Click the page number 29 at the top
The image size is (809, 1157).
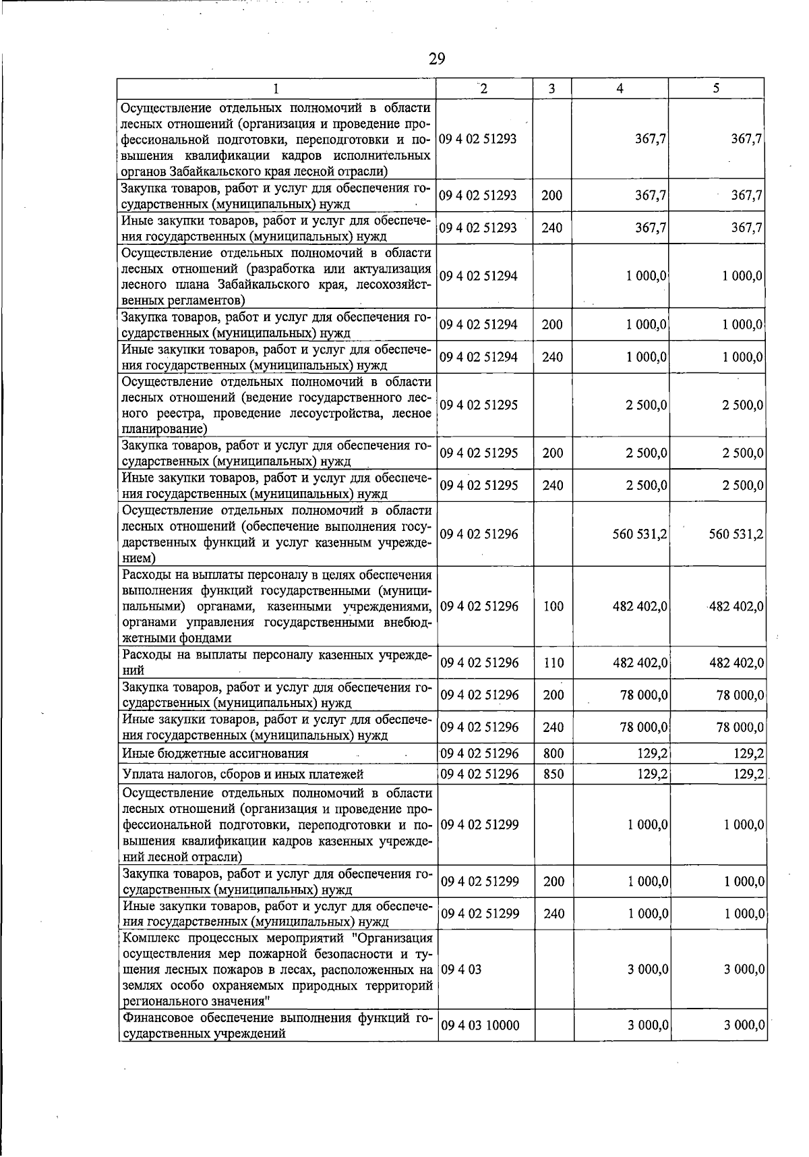click(437, 59)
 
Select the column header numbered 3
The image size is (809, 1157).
click(551, 88)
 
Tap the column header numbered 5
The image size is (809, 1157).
click(716, 88)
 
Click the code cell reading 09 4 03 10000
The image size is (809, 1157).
click(479, 1025)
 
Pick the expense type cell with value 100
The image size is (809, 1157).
click(553, 606)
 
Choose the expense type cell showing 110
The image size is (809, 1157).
click(553, 662)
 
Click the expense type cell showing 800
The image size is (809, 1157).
click(553, 753)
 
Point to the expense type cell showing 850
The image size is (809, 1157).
click(553, 774)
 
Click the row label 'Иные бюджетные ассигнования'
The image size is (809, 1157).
click(215, 754)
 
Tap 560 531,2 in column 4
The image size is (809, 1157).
click(640, 534)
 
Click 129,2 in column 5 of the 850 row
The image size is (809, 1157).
click(748, 774)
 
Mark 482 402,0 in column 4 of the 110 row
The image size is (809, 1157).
click(640, 662)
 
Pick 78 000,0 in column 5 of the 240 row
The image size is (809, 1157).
click(740, 727)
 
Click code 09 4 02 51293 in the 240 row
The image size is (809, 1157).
click(478, 228)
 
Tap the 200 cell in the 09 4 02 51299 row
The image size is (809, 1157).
click(553, 881)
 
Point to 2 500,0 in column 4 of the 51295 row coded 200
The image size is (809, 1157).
click(646, 453)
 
